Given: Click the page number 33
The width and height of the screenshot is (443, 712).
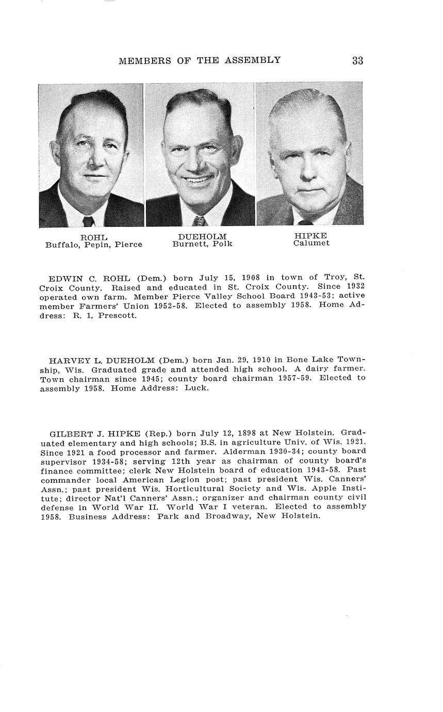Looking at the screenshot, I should tap(357, 60).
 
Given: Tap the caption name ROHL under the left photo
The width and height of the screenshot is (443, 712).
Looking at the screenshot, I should tap(93, 237).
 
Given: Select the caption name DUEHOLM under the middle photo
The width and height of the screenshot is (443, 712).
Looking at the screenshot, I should tap(202, 236).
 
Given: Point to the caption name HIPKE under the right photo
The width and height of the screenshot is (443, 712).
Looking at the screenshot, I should tap(311, 236).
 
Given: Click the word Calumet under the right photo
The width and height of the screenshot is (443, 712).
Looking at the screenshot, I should tap(311, 244).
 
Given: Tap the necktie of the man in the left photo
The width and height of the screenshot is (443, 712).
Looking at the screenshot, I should tap(88, 221).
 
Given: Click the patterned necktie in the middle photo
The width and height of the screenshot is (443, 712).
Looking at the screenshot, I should tap(199, 221).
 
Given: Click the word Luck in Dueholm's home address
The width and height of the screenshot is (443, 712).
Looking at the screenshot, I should tap(198, 388).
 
